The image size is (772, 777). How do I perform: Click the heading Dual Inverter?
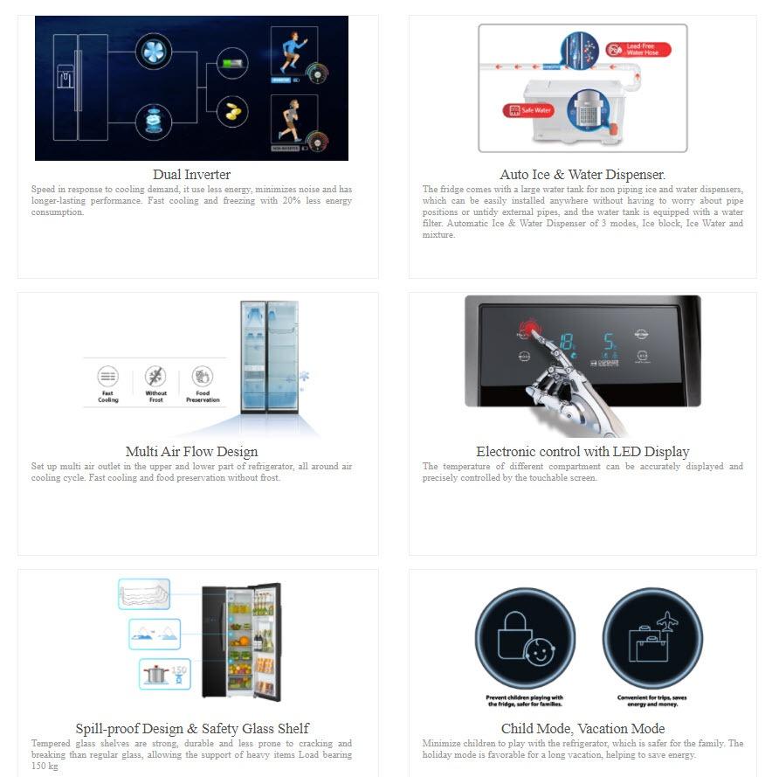click(191, 175)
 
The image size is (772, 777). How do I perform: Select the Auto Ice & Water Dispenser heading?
click(582, 175)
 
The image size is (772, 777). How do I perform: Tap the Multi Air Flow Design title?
click(191, 452)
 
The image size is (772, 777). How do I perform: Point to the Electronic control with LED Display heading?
click(582, 452)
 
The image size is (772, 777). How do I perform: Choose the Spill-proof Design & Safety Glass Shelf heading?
click(191, 729)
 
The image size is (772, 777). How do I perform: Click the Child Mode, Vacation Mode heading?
click(582, 729)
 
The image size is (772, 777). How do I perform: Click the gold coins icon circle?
click(232, 112)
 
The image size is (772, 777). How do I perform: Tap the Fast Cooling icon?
click(108, 378)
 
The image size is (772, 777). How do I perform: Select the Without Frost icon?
click(155, 378)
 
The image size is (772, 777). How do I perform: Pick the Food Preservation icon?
click(203, 378)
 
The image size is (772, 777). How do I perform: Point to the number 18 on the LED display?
click(568, 341)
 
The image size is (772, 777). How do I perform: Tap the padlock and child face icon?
click(525, 639)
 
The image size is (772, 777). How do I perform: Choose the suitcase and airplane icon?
click(652, 639)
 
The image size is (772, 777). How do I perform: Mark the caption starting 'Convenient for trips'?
click(652, 700)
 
